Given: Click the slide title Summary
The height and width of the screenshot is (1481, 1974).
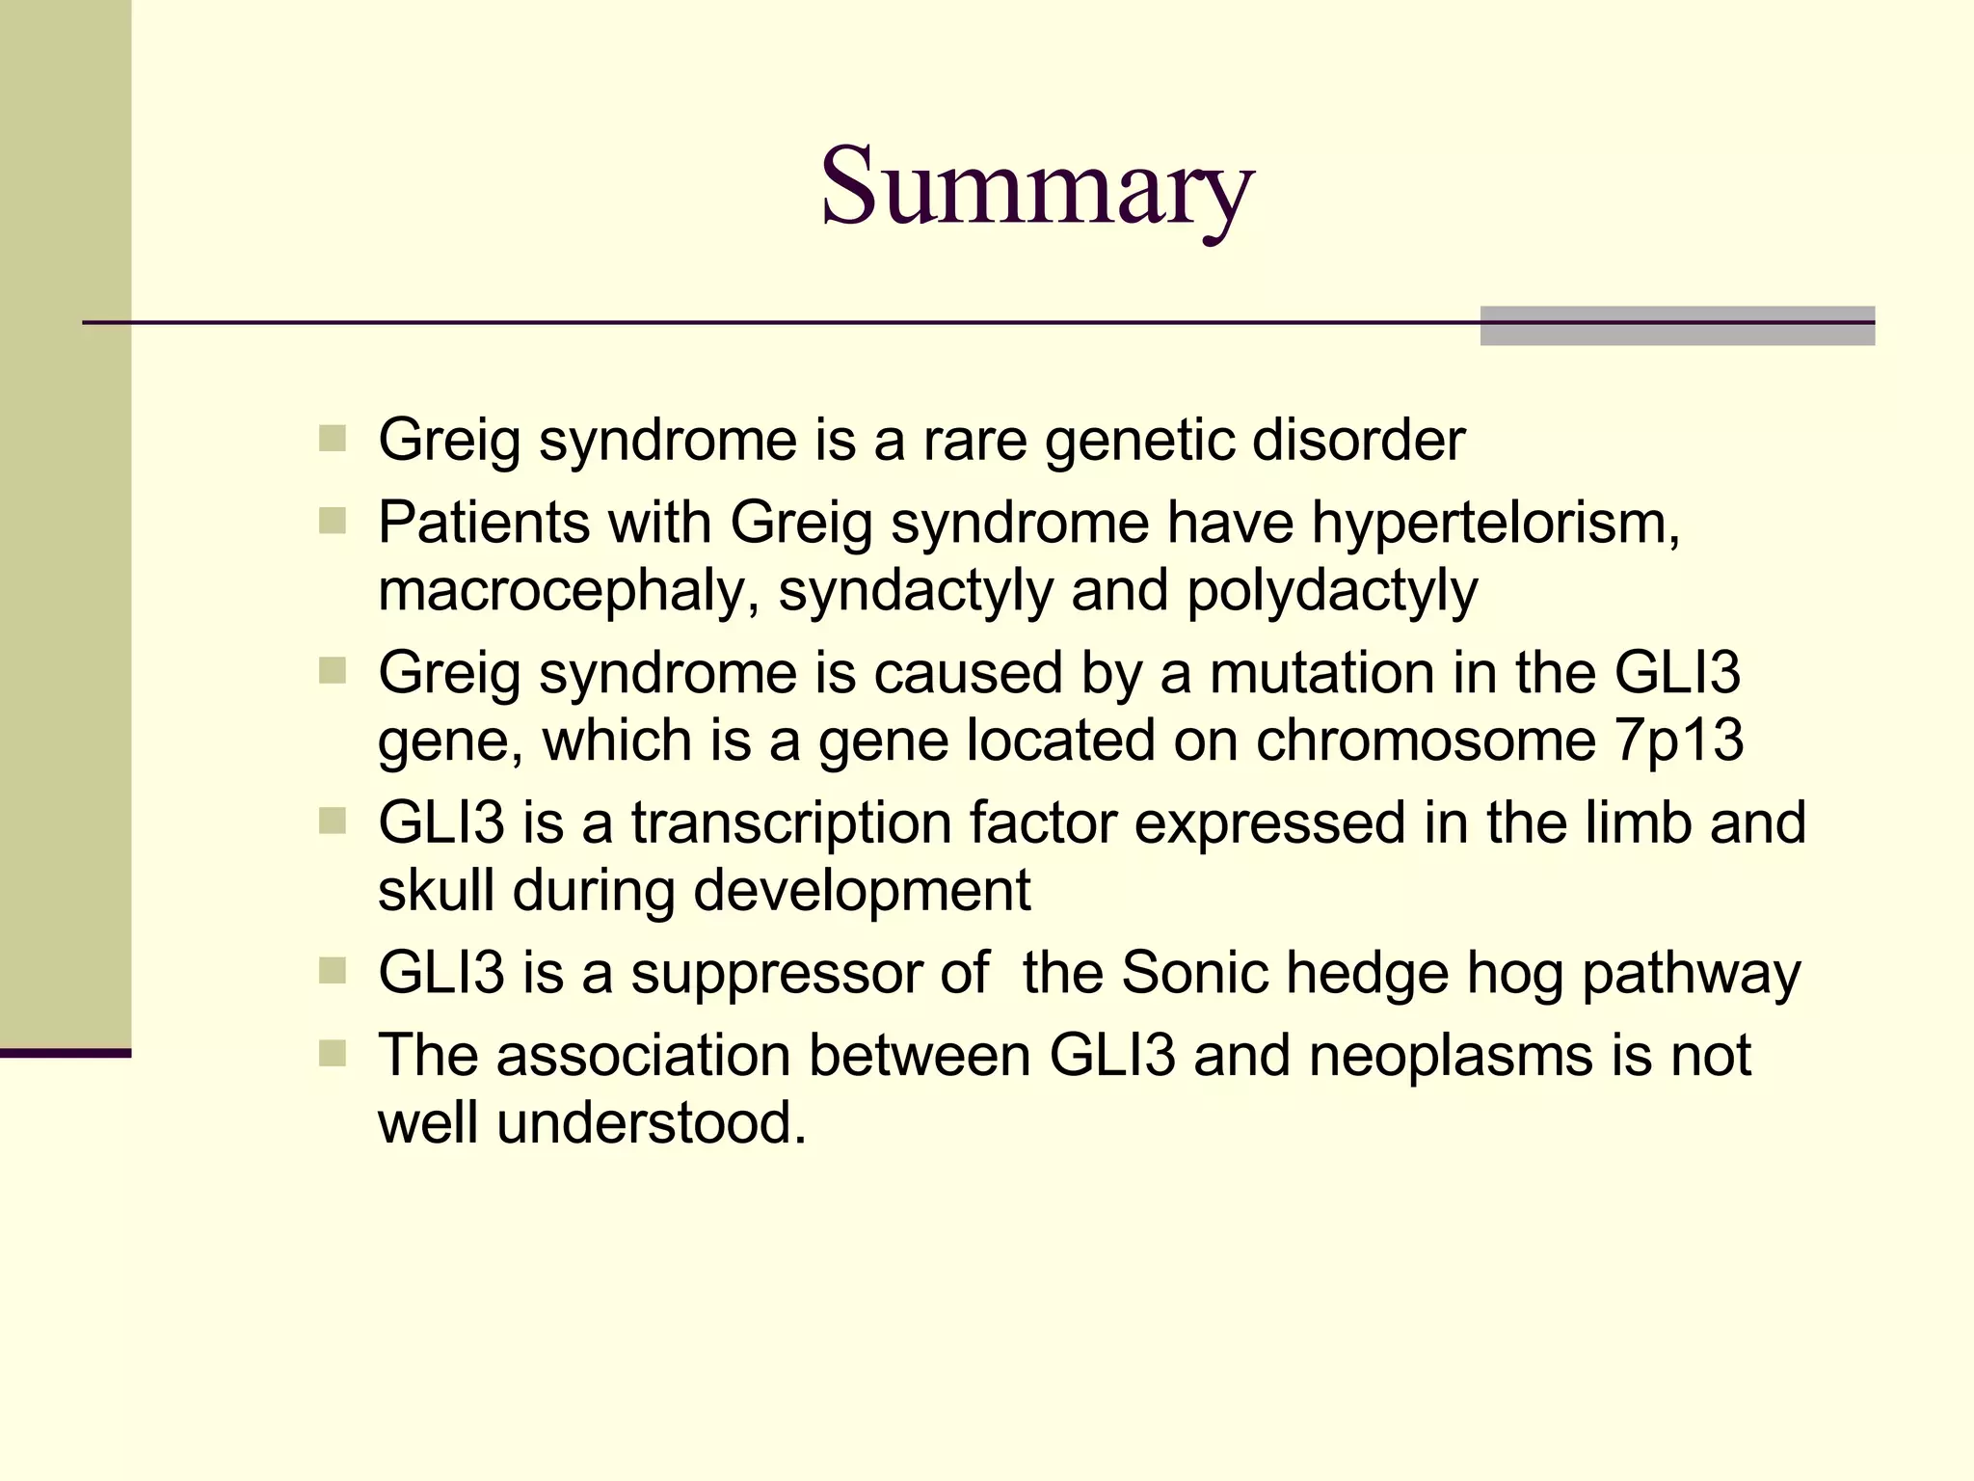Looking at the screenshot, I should pyautogui.click(x=1036, y=186).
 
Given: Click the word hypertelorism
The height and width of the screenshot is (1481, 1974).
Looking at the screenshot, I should pyautogui.click(x=1495, y=524).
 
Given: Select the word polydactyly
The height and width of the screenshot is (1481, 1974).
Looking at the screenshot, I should pyautogui.click(x=1331, y=591).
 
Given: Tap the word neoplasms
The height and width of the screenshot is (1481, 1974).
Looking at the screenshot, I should pyautogui.click(x=1451, y=1055).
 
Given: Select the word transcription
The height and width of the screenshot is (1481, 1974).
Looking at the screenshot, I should pyautogui.click(x=791, y=823).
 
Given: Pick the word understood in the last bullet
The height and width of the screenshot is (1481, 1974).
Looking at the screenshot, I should pyautogui.click(x=651, y=1123).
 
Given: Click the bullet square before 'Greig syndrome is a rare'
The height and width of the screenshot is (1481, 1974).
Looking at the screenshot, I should pyautogui.click(x=332, y=440).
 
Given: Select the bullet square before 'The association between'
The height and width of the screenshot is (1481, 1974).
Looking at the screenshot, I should pyautogui.click(x=332, y=1053).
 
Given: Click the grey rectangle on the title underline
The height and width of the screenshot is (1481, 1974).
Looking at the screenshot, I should pyautogui.click(x=1676, y=326).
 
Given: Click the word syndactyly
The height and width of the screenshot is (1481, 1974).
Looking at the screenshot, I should pyautogui.click(x=916, y=591).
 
